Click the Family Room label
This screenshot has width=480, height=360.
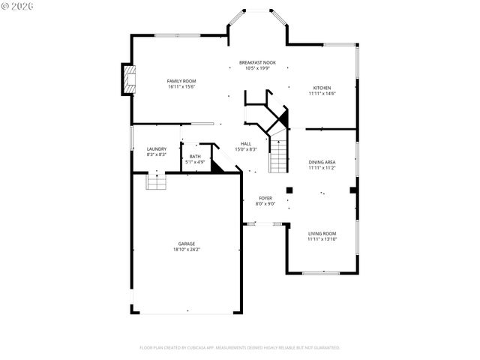(x=181, y=80)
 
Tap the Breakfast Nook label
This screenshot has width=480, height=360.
(x=257, y=62)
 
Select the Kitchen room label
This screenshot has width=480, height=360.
(x=322, y=88)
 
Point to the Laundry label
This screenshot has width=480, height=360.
(x=157, y=148)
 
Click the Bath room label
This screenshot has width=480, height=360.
(x=195, y=156)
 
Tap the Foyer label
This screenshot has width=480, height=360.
(x=265, y=198)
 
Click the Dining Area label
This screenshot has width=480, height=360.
(x=322, y=162)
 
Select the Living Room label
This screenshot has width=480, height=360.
(x=322, y=233)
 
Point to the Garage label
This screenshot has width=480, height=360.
(x=187, y=243)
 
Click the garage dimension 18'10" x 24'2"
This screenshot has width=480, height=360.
(x=187, y=249)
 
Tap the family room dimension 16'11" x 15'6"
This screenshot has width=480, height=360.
(x=181, y=86)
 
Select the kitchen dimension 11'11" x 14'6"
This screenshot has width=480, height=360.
(x=322, y=94)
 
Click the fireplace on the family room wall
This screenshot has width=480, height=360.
(x=130, y=79)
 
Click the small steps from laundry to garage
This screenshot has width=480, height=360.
(x=155, y=181)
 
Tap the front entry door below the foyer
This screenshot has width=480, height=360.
(x=264, y=223)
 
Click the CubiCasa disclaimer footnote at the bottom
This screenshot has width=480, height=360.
(x=240, y=347)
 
